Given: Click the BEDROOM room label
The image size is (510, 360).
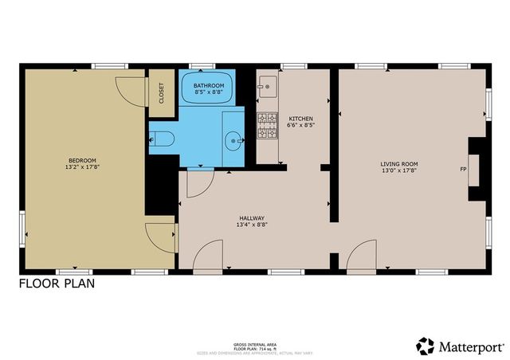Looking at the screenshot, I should pyautogui.click(x=82, y=159).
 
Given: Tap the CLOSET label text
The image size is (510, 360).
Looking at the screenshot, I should pyautogui.click(x=161, y=94).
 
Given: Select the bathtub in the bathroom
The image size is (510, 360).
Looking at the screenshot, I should pyautogui.click(x=209, y=89).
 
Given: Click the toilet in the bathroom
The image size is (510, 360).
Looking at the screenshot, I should pyautogui.click(x=160, y=139).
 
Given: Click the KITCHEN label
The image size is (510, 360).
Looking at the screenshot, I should pyautogui.click(x=300, y=118).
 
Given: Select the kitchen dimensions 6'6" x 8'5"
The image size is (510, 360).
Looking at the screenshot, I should pyautogui.click(x=300, y=125).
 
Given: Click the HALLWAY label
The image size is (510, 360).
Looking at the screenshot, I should pyautogui.click(x=252, y=217).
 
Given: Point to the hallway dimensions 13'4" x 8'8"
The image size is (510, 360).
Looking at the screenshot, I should pyautogui.click(x=252, y=225).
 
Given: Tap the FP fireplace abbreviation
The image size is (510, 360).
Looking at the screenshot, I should pyautogui.click(x=463, y=169).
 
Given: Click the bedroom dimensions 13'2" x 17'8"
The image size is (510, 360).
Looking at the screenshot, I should pyautogui.click(x=82, y=167).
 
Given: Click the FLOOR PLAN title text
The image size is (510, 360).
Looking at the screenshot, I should pyautogui.click(x=57, y=284).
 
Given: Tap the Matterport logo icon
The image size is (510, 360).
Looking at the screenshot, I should pyautogui.click(x=426, y=346).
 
